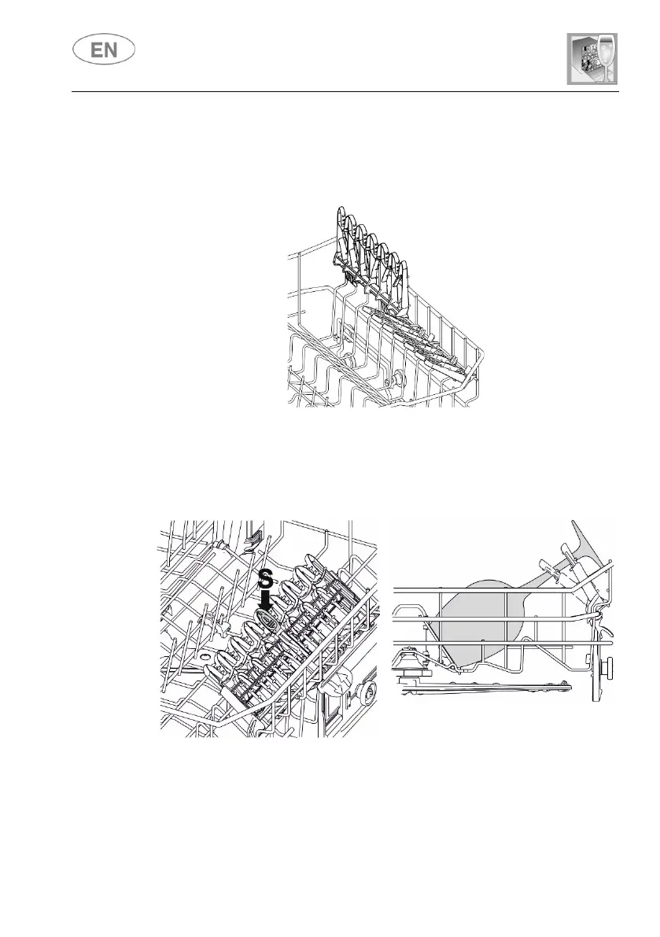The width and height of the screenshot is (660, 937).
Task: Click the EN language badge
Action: pyautogui.click(x=104, y=51)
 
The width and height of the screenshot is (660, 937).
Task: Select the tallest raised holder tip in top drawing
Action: pyautogui.click(x=340, y=216)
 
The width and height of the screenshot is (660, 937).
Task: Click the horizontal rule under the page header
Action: pyautogui.click(x=345, y=91)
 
